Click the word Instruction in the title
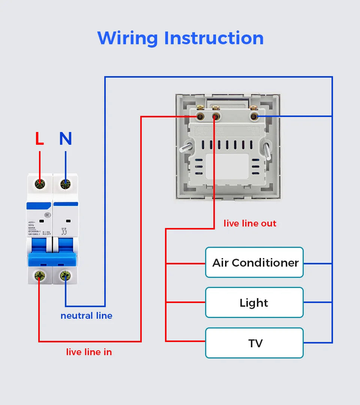point(214,38)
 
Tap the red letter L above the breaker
point(39,139)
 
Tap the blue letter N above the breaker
point(65,139)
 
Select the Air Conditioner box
point(254,262)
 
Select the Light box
point(254,303)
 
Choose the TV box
point(254,343)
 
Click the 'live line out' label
point(250,223)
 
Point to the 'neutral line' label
point(86,316)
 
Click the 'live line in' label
point(89,352)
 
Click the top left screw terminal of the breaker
point(39,184)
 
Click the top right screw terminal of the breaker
point(65,184)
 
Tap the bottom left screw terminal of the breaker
point(39,276)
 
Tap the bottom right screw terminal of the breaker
point(65,276)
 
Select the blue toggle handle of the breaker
point(52,259)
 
